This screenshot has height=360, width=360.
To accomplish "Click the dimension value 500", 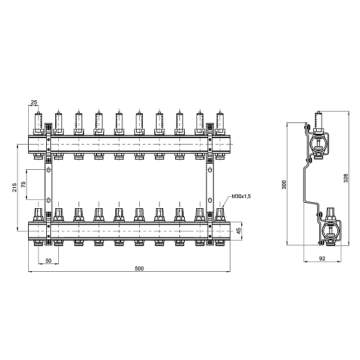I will click(139, 268).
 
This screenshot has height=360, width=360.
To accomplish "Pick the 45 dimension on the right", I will click(238, 230).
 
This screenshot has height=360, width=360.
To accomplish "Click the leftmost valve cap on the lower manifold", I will click(38, 214).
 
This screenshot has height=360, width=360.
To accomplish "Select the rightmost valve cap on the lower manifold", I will click(220, 214).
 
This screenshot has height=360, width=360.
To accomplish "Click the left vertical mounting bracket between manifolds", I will click(48, 186).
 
